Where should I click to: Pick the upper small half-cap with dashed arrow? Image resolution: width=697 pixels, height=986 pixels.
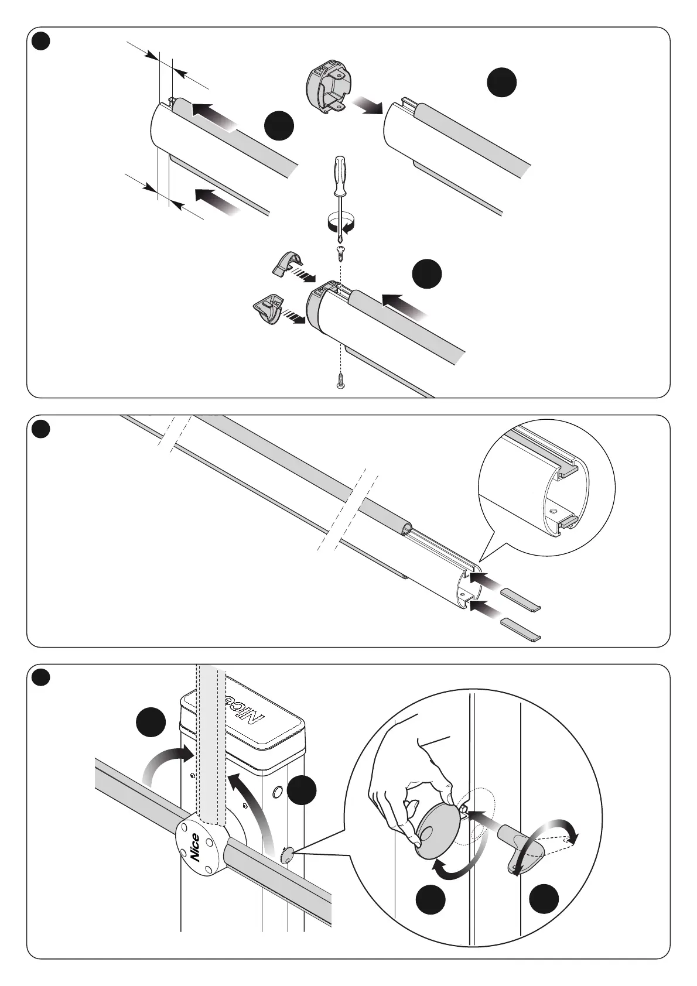click(x=287, y=263)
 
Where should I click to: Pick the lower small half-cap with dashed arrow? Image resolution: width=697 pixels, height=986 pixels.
click(x=268, y=307)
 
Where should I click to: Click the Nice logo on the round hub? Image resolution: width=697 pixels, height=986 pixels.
click(x=195, y=847)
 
